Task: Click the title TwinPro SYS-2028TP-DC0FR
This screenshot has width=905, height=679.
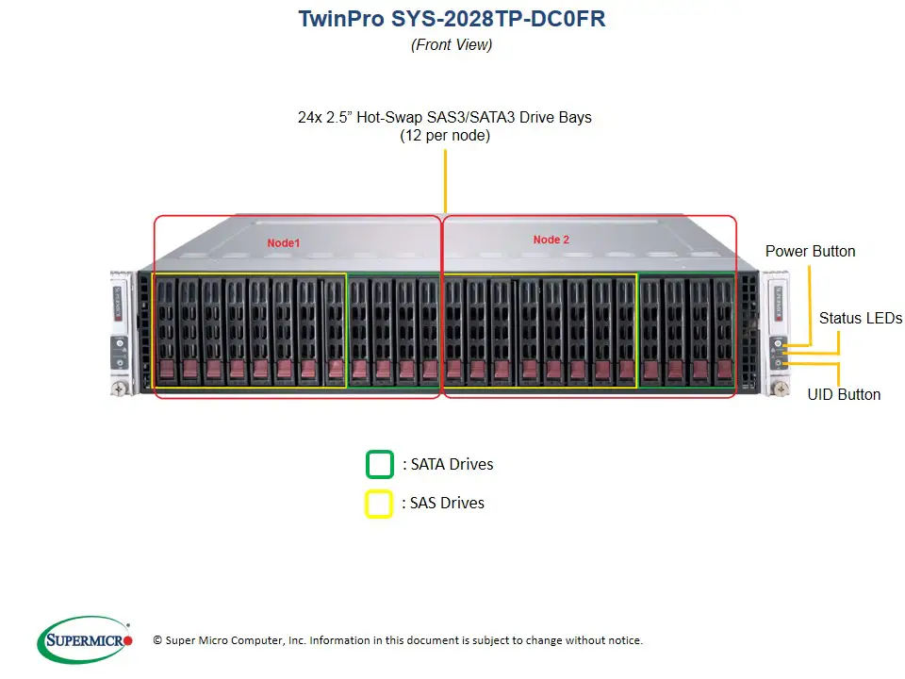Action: (x=452, y=19)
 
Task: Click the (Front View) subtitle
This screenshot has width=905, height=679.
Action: (x=452, y=44)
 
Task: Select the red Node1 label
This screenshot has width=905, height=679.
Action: (x=283, y=242)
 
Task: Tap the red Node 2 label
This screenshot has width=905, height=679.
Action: (x=551, y=240)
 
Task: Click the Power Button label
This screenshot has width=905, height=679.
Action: (x=810, y=251)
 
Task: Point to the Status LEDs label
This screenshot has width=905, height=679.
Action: (x=860, y=318)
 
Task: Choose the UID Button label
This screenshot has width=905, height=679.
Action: (x=844, y=394)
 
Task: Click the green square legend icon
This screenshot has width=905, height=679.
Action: (x=379, y=465)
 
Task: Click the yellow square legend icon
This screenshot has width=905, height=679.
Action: (x=379, y=504)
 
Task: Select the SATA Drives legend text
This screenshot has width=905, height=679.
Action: (x=448, y=464)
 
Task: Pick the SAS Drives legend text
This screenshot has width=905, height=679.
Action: (x=443, y=503)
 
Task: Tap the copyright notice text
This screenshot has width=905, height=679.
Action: (x=397, y=640)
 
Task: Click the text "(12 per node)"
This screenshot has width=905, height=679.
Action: (x=445, y=135)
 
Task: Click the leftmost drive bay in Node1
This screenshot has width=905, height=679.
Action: (x=166, y=330)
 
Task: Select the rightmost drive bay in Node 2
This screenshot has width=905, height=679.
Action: (x=722, y=330)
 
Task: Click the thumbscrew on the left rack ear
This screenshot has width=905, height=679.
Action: (x=121, y=387)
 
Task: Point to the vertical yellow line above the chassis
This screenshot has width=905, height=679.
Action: (x=445, y=179)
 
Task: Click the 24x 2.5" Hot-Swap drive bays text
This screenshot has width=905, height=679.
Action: (x=445, y=117)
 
